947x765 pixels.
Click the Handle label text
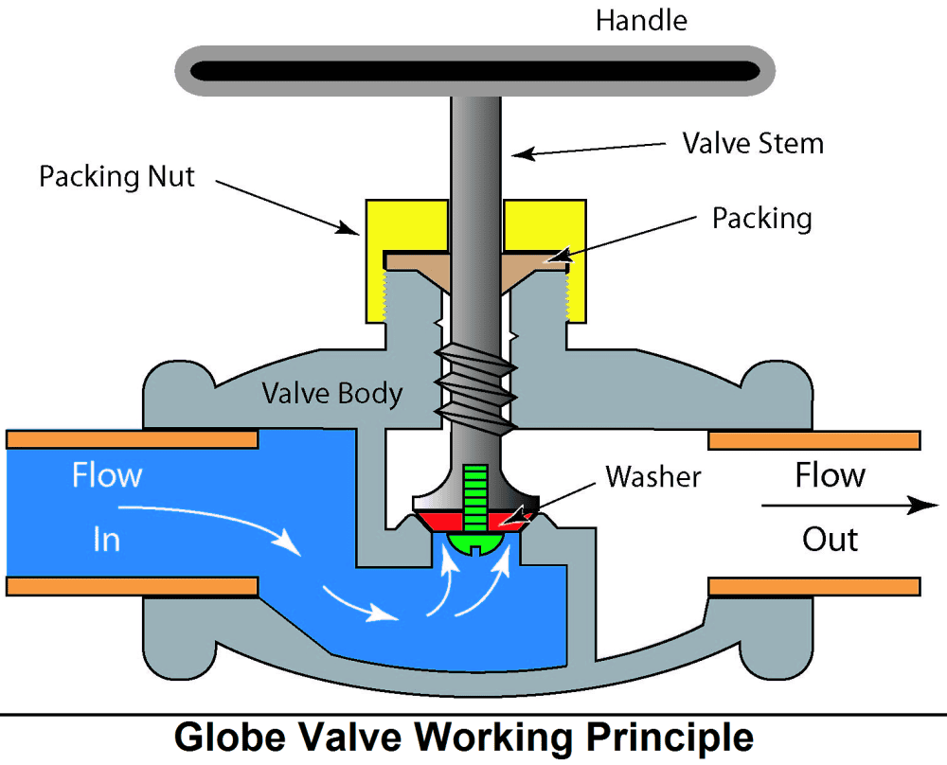point(640,20)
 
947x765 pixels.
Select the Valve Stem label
point(753,143)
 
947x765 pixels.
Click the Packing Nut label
point(116,176)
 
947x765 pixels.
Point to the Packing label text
point(761,218)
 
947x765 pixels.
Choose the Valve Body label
point(332,393)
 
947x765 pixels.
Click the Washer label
point(653,476)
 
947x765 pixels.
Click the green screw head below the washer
point(475,542)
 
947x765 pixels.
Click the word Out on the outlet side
point(830,540)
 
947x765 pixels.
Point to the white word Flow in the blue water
point(107,474)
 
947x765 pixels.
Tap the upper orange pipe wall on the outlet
point(814,440)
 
